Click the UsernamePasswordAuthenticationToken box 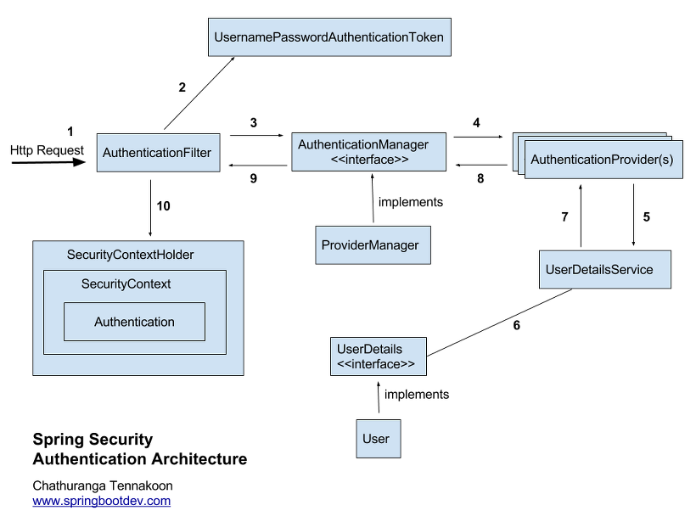329,37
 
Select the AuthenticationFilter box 158,153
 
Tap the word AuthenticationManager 363,145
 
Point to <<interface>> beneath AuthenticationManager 369,160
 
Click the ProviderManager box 373,244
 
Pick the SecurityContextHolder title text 130,255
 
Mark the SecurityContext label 126,283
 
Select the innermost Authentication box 134,322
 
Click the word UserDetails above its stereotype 369,349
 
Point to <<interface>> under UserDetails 376,364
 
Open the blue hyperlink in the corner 103,502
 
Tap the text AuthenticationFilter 157,153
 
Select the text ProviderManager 370,245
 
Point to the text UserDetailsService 599,269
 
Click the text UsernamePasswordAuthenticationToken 329,37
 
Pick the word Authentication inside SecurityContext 134,322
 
